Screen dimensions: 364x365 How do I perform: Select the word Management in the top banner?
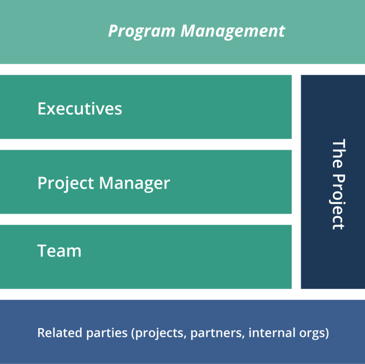[233, 32]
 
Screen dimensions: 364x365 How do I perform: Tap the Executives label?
[79, 108]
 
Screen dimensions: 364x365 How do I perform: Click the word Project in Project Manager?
[66, 184]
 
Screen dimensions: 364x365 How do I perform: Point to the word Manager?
[134, 184]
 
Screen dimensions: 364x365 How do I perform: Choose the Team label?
[59, 251]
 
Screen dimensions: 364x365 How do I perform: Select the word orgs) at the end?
[313, 333]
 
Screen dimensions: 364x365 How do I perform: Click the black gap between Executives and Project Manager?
[146, 144]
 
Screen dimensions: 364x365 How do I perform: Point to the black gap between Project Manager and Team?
[146, 219]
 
